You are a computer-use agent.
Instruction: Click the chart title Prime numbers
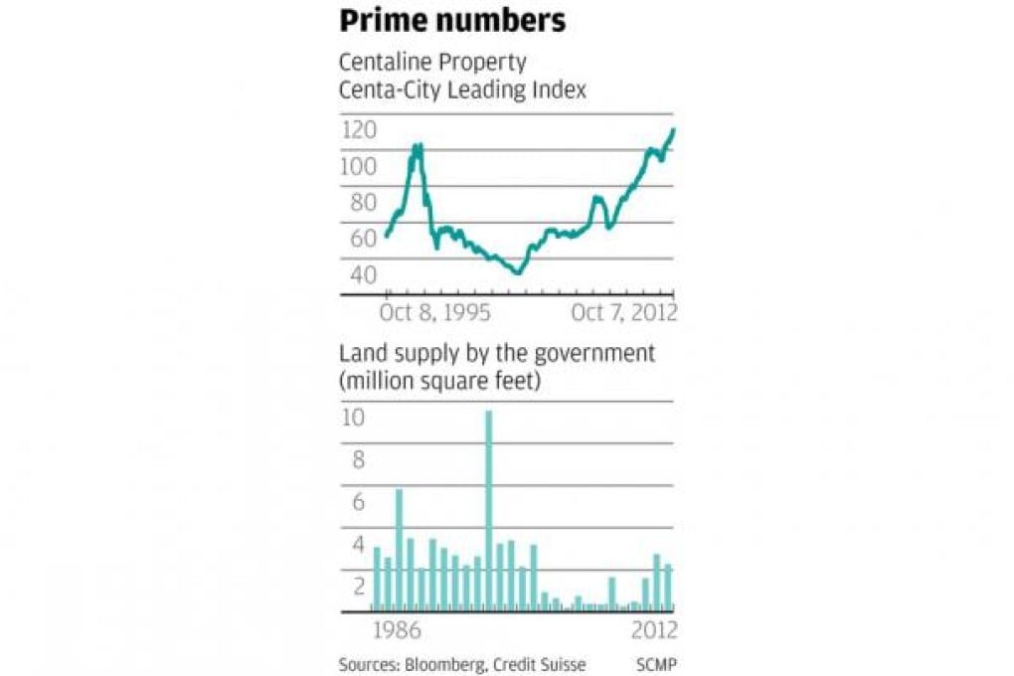[x=452, y=21]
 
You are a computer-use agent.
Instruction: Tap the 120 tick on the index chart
[x=358, y=130]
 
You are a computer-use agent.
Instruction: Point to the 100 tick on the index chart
[x=358, y=166]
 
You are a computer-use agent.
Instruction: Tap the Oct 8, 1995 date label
[x=434, y=313]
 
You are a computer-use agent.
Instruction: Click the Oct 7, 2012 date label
[x=623, y=313]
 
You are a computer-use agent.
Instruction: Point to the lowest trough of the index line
[x=517, y=271]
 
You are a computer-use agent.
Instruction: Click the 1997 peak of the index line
[x=417, y=148]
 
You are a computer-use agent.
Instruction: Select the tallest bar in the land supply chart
[x=489, y=511]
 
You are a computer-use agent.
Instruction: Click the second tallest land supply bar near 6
[x=399, y=550]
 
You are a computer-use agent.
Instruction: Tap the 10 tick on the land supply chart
[x=354, y=419]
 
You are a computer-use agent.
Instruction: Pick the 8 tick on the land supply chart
[x=358, y=460]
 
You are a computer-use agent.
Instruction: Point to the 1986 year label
[x=397, y=632]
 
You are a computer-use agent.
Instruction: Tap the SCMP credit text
[x=657, y=664]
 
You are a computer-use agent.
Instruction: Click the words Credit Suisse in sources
[x=542, y=664]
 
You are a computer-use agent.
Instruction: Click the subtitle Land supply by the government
[x=497, y=354]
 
